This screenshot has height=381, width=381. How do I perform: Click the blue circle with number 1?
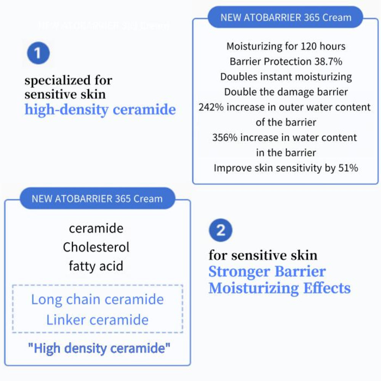[x=38, y=53]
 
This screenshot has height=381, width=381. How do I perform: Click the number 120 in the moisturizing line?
[x=301, y=46]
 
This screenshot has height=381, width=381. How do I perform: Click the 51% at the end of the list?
[x=348, y=168]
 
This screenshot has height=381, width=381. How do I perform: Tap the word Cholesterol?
[x=96, y=247]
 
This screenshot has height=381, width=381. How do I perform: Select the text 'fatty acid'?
[x=96, y=266]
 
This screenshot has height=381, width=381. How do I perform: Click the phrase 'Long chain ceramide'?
[x=97, y=299]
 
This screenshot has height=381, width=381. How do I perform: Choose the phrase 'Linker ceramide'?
[x=97, y=320]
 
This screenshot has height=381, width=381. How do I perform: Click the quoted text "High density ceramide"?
[x=99, y=348]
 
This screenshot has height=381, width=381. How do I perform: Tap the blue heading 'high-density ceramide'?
[x=100, y=110]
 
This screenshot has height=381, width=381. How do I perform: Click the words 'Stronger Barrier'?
[x=267, y=272]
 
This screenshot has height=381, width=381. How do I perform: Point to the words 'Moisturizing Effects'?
[x=279, y=288]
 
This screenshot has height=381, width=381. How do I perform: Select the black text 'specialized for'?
[x=69, y=80]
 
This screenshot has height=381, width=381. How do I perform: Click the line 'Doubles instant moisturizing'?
[x=286, y=77]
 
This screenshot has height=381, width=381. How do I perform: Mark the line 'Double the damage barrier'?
[x=286, y=92]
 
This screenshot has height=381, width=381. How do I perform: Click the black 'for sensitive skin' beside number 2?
[x=263, y=255]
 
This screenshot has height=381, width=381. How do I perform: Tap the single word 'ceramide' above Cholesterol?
[x=96, y=229]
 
